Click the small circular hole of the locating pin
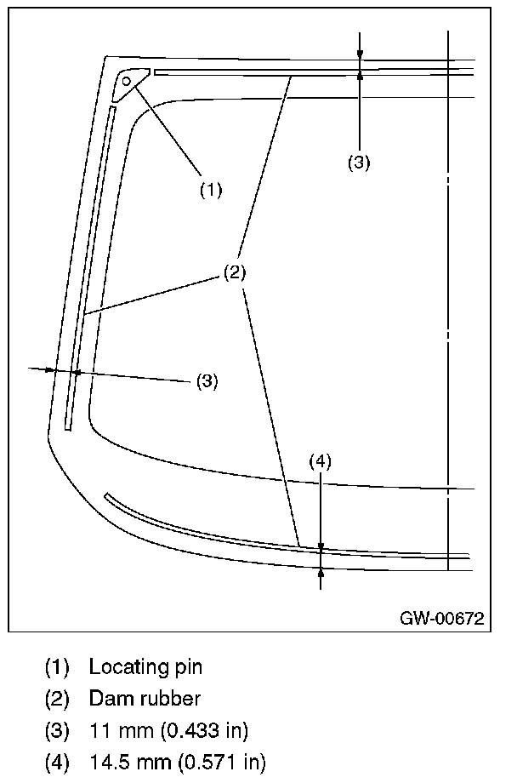(x=126, y=81)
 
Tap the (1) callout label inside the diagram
(x=211, y=189)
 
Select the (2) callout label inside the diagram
(x=235, y=272)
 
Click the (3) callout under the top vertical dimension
(x=359, y=163)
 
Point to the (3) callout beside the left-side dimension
(x=207, y=381)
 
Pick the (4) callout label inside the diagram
(x=320, y=461)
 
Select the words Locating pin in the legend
(x=145, y=666)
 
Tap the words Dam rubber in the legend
(x=145, y=699)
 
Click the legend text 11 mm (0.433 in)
(x=168, y=730)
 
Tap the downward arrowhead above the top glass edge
(x=360, y=55)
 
